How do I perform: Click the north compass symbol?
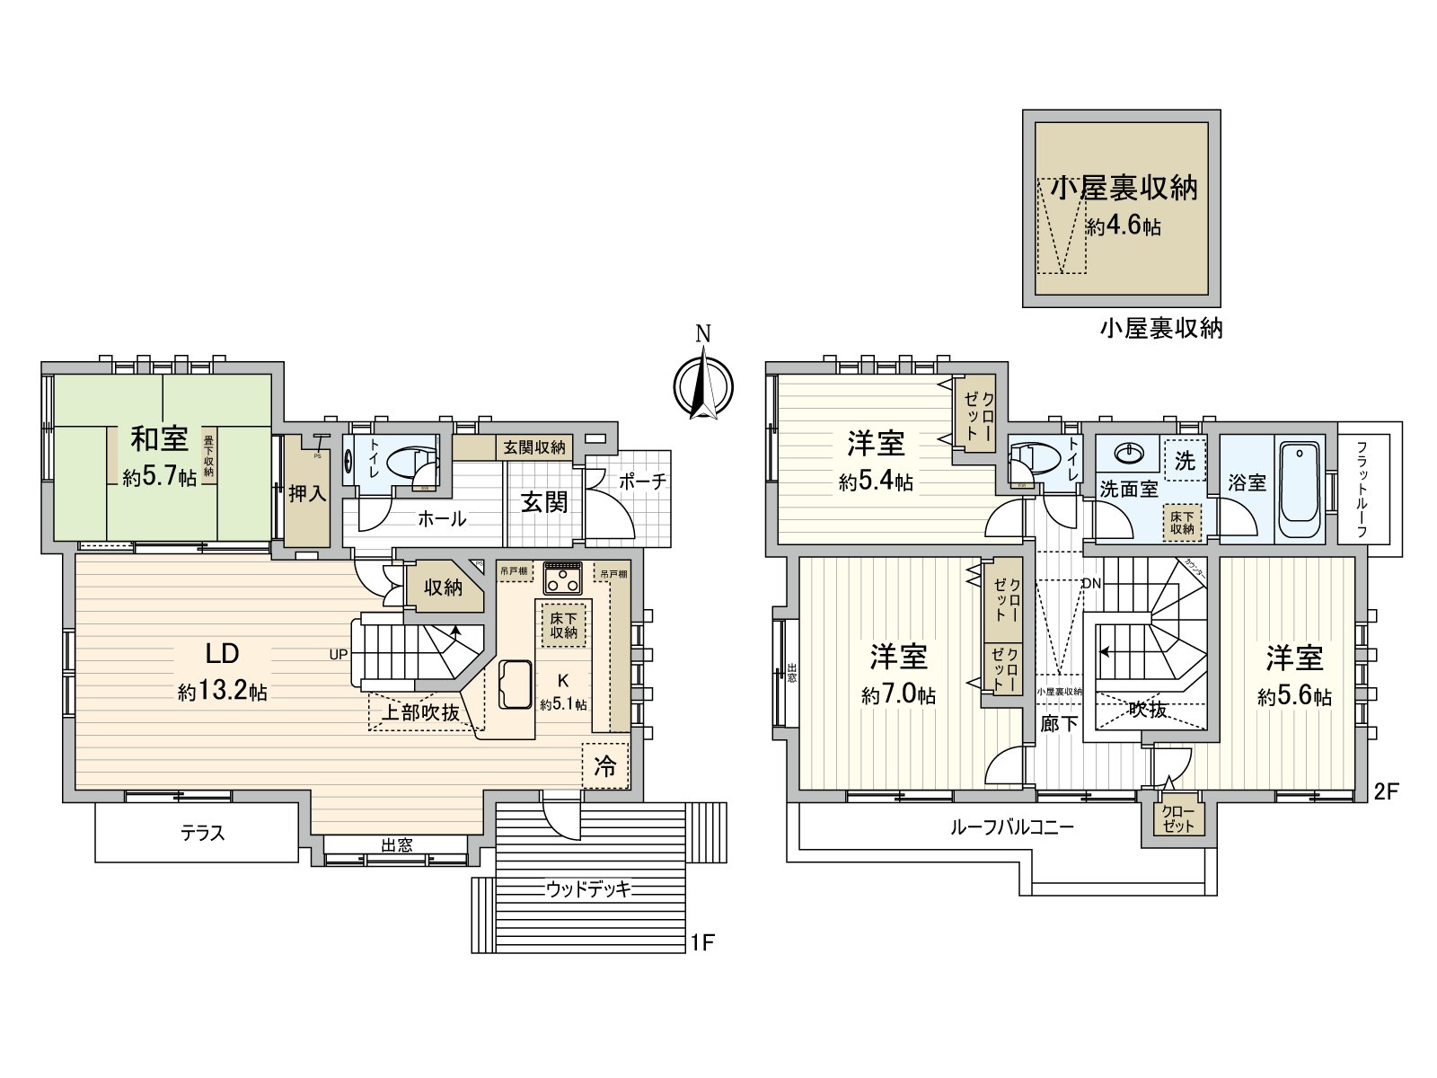click(703, 387)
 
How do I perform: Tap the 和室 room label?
click(160, 439)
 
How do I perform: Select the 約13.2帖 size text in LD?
click(222, 692)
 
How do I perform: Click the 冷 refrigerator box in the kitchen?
click(606, 766)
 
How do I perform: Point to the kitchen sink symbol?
click(509, 685)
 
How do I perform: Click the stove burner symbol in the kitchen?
click(563, 577)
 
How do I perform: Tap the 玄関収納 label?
click(533, 446)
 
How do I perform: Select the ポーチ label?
click(643, 482)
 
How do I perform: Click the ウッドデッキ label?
click(588, 889)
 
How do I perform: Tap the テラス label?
click(203, 834)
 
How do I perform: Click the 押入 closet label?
click(307, 494)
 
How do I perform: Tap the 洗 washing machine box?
click(1186, 460)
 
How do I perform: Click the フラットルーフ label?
click(1362, 489)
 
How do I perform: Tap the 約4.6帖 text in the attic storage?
click(1123, 227)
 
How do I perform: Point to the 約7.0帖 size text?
click(898, 694)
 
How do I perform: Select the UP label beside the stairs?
click(338, 654)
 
